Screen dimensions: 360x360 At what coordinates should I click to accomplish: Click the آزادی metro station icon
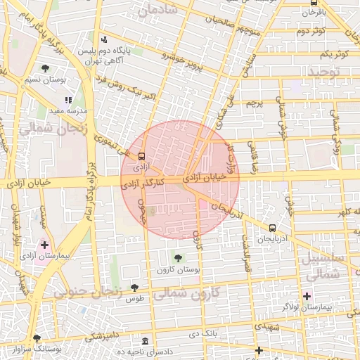click(x=142, y=156)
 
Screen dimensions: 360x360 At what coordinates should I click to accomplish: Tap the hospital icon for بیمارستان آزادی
click(x=45, y=245)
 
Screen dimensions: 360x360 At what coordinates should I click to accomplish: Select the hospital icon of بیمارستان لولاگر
click(x=307, y=296)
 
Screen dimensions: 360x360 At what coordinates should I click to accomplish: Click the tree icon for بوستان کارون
click(x=177, y=258)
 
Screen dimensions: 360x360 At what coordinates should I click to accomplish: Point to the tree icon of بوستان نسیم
click(x=46, y=68)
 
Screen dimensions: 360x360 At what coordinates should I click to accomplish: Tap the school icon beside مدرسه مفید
click(x=68, y=101)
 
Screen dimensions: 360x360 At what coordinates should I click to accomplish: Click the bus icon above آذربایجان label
click(x=272, y=228)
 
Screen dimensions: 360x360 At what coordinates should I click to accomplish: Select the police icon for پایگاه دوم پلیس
click(x=104, y=39)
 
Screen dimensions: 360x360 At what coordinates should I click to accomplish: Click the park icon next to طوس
click(x=134, y=287)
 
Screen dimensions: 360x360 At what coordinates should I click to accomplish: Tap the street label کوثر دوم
click(x=309, y=31)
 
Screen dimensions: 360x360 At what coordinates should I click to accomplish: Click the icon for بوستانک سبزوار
click(x=37, y=338)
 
